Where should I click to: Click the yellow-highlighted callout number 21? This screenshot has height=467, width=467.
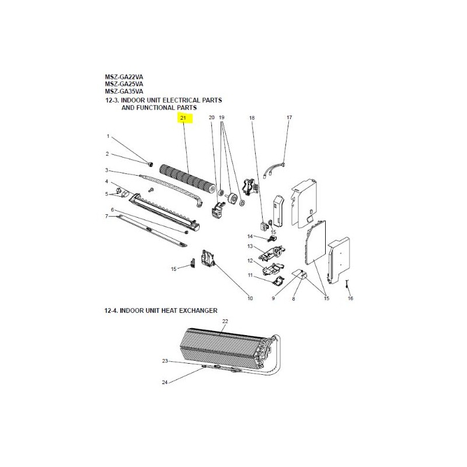coord(183,118)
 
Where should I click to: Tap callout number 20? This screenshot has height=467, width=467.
coord(211,117)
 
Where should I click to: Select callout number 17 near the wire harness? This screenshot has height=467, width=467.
coord(289,117)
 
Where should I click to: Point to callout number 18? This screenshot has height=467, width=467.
coord(252,118)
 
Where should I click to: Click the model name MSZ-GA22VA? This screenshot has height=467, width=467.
coord(124,77)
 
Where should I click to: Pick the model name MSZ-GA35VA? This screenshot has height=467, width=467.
coord(124,91)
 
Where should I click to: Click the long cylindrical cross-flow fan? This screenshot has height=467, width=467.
coord(187,179)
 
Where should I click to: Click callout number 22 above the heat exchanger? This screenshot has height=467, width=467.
coord(225,321)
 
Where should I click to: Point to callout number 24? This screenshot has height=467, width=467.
coord(165,382)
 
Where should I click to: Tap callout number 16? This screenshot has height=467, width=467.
coord(350,298)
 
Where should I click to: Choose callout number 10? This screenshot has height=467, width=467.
coord(250,298)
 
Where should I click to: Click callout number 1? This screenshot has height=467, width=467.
coord(108,136)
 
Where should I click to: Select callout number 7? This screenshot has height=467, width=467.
coord(107,216)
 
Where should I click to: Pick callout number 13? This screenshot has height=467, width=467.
coord(250,246)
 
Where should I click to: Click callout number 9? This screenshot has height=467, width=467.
coord(273,298)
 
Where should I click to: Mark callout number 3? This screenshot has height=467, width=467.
coord(107,170)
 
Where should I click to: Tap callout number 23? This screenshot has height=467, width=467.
coord(165,361)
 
